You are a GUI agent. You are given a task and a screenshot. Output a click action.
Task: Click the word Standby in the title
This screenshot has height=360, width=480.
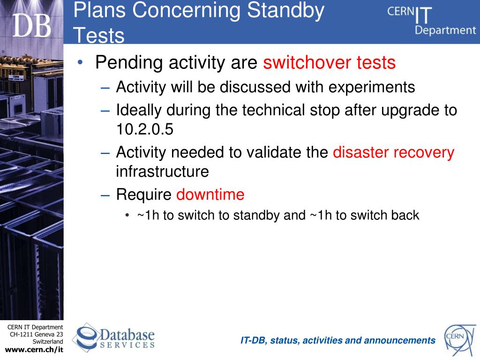click(x=285, y=11)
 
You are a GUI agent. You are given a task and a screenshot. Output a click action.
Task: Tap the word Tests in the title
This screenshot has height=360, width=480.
click(x=99, y=35)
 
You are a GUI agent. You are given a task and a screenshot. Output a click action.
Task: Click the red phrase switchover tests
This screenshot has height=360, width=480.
click(x=330, y=62)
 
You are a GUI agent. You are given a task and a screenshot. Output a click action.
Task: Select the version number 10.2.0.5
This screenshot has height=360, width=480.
click(x=145, y=129)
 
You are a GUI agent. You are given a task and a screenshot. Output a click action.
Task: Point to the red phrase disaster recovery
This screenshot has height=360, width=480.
click(x=394, y=153)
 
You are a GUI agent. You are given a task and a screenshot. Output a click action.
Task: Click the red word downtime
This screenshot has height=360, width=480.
click(x=210, y=195)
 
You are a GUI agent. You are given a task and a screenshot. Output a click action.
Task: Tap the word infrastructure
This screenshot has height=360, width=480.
click(x=162, y=171)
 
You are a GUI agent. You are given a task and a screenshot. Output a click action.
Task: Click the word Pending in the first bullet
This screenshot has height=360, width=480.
click(x=129, y=63)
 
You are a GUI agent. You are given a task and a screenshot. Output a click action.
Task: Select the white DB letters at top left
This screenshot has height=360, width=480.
click(x=31, y=26)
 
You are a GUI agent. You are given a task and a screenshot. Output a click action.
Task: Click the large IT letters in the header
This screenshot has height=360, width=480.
click(x=423, y=15)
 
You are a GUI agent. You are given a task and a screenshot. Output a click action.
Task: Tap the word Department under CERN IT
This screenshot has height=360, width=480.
click(x=445, y=30)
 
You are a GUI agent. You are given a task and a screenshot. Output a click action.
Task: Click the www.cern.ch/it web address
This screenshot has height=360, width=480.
click(x=34, y=350)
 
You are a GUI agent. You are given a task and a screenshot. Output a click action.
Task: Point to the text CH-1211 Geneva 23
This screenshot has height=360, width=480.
click(x=37, y=334)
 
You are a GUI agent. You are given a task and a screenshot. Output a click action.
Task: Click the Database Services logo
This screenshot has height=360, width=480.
click(x=113, y=337)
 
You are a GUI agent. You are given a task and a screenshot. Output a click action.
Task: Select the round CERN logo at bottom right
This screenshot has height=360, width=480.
click(x=460, y=340)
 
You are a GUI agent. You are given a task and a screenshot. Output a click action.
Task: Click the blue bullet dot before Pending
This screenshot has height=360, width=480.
click(x=80, y=62)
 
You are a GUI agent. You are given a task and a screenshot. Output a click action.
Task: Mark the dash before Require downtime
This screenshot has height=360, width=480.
click(x=105, y=195)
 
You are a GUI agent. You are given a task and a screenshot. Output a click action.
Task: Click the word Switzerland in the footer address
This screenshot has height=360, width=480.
click(x=48, y=342)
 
